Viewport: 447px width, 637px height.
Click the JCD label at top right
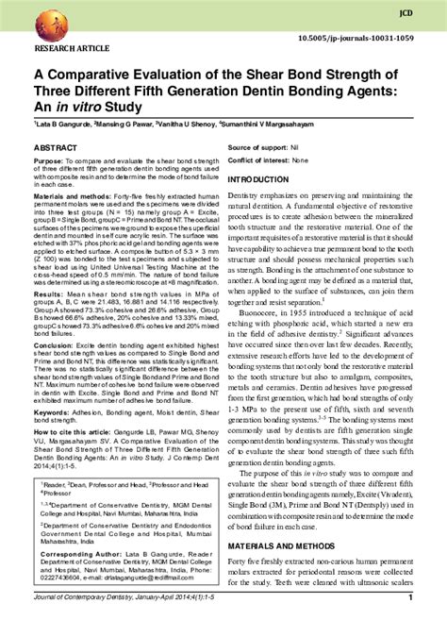point(406,13)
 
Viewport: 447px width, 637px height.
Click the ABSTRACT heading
point(56,149)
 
